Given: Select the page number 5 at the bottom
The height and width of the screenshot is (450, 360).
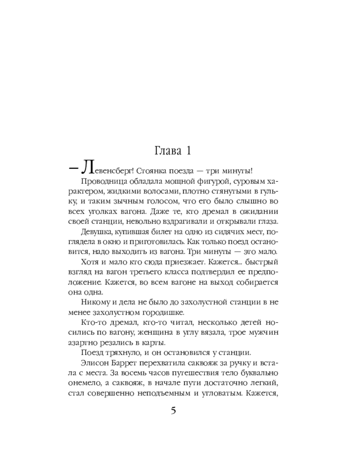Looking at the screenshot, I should pos(174,411).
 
